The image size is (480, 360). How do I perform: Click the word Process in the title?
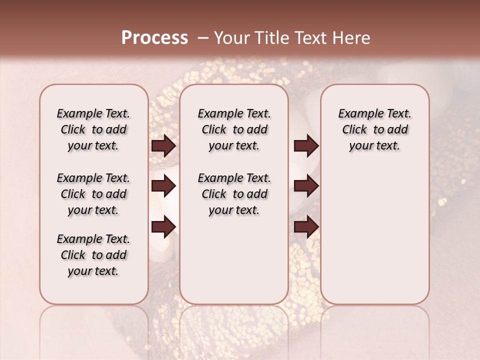(x=154, y=38)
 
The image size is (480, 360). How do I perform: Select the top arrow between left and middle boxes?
(x=163, y=146)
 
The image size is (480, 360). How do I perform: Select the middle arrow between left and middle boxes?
(x=163, y=186)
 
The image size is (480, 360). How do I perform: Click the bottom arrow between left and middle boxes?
(x=163, y=226)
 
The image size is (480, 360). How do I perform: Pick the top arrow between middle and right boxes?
(x=306, y=146)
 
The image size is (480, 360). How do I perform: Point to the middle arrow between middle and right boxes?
(x=306, y=186)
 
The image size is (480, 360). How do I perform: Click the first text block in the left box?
(x=93, y=129)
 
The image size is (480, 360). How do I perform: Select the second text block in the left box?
(x=93, y=194)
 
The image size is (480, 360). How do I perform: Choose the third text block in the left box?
(x=93, y=255)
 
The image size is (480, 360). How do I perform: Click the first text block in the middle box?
(x=234, y=129)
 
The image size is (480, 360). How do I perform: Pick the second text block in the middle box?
(x=234, y=194)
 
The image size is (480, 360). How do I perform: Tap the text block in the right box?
(x=374, y=129)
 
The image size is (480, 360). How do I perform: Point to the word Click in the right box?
(x=354, y=130)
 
